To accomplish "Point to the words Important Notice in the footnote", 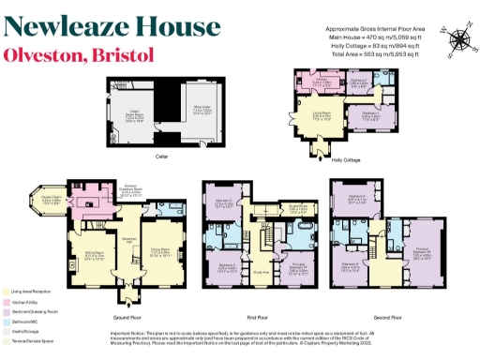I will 129,332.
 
